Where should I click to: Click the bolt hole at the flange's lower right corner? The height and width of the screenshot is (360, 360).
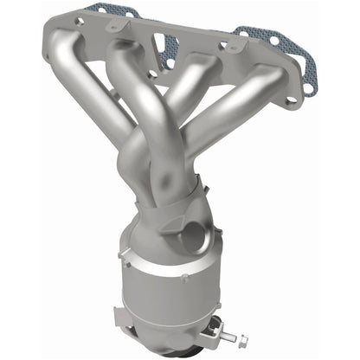pos(290,100)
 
